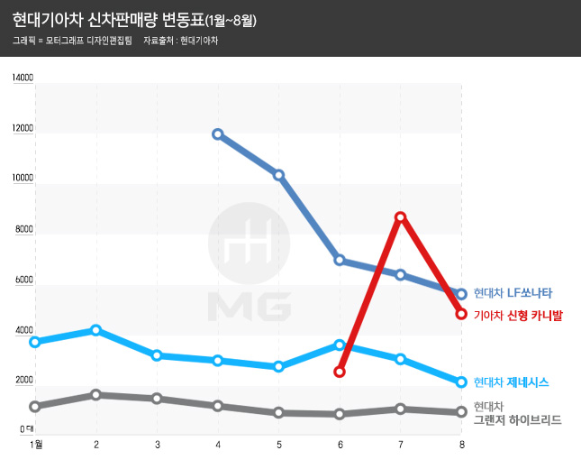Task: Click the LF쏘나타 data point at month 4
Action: click(218, 134)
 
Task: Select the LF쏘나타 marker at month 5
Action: click(279, 175)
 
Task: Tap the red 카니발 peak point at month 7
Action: click(400, 217)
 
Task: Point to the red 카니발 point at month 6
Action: click(340, 372)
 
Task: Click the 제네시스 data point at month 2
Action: click(96, 330)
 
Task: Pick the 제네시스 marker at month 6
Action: click(340, 345)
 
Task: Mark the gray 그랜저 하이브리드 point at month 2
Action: click(96, 395)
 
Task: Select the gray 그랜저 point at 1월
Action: click(35, 407)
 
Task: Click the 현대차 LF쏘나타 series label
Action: click(513, 292)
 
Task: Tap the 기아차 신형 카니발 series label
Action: click(518, 315)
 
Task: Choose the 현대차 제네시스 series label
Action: click(512, 382)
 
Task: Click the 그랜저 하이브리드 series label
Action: click(517, 420)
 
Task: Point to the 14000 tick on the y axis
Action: click(23, 78)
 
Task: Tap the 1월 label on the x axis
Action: click(36, 445)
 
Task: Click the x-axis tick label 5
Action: click(279, 445)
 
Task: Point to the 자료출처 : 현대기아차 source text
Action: click(180, 41)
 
